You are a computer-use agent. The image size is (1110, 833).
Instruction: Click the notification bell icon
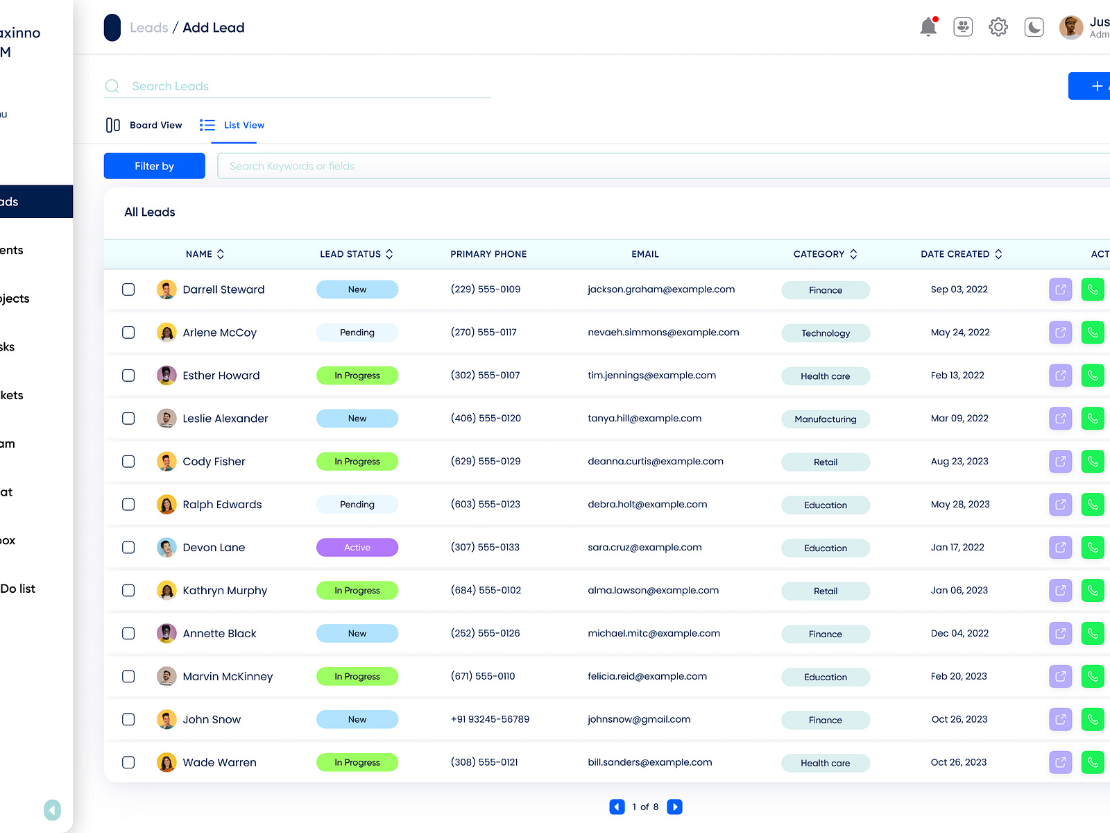[928, 27]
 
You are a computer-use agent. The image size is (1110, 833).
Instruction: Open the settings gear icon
[998, 27]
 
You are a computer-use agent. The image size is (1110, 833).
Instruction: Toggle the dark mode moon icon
[1034, 27]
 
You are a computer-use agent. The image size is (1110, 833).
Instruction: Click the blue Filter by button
[154, 166]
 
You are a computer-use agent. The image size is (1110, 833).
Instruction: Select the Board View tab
[144, 125]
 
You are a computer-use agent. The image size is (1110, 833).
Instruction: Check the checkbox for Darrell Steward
[128, 289]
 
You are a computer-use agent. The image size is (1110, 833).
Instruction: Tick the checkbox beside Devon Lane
[128, 548]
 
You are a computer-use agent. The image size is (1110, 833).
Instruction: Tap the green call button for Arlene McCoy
[1092, 333]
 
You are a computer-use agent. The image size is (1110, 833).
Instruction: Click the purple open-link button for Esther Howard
[1060, 376]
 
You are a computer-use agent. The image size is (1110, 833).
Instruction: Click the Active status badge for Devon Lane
[357, 548]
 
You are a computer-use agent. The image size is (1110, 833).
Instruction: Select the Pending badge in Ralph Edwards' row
[357, 505]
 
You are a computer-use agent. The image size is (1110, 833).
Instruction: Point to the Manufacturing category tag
[826, 419]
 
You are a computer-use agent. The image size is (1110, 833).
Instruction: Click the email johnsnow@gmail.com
[639, 719]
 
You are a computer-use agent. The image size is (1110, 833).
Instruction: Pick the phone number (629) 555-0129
[486, 462]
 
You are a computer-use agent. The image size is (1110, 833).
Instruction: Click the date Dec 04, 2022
[959, 633]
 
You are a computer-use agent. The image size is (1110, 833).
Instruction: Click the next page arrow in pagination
[674, 807]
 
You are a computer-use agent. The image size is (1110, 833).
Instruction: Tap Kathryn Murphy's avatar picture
[166, 591]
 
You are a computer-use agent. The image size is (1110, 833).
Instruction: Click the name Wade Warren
[219, 762]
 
